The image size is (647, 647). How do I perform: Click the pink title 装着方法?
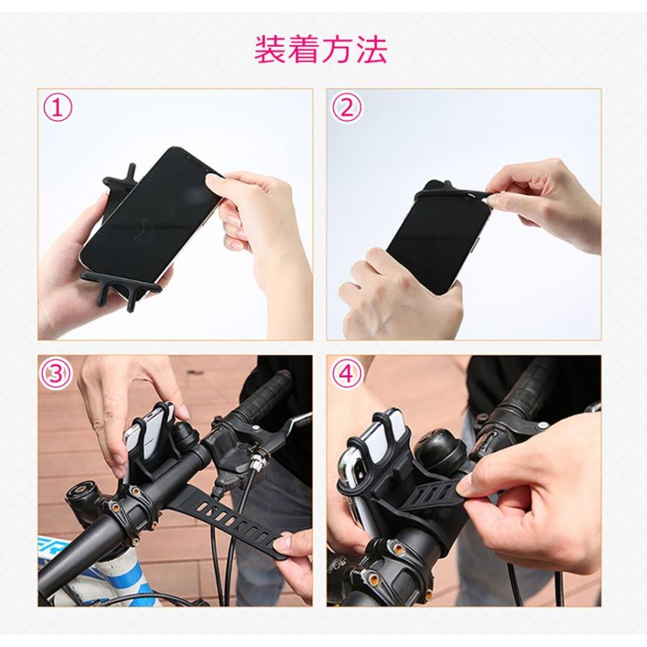[x=321, y=50]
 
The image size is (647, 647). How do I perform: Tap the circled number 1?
[x=58, y=108]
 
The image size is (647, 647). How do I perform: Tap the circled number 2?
[x=347, y=108]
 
